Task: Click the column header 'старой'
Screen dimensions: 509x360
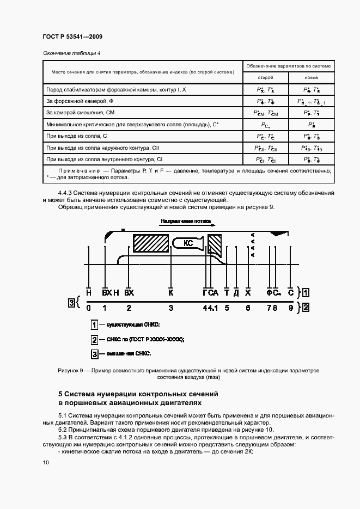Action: pos(265,77)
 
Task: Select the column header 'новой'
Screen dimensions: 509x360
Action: pos(312,77)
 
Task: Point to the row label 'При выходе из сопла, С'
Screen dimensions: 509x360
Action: pos(76,136)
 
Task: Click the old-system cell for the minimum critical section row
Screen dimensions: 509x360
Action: pos(265,125)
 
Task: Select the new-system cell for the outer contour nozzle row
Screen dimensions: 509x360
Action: pos(312,148)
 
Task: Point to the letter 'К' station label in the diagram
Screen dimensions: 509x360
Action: pos(171,292)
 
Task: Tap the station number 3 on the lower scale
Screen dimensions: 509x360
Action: pos(171,308)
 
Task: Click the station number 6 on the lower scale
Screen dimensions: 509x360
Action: pos(248,308)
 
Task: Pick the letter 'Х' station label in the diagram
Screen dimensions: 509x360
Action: pos(248,292)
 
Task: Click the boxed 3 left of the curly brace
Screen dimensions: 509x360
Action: pos(71,303)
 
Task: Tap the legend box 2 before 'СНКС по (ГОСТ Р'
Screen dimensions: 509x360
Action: pos(94,340)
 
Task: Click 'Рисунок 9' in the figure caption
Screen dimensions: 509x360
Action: pos(69,370)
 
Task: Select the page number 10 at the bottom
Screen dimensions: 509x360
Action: pos(45,463)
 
